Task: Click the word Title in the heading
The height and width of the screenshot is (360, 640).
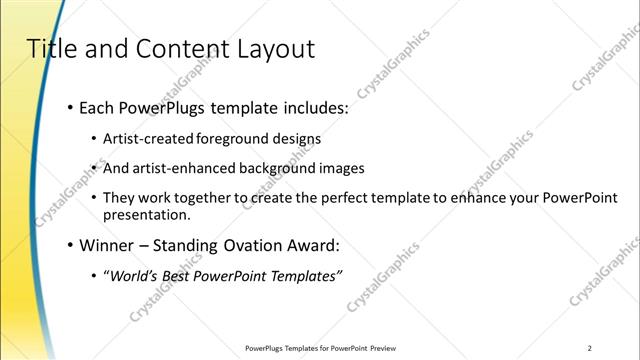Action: pos(47,48)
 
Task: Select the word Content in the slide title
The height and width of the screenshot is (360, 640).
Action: pos(176,48)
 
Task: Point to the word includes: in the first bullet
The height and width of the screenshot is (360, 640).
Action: pos(311,107)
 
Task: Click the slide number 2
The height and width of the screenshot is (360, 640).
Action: pos(590,348)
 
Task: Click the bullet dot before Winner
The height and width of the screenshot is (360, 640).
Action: pos(69,244)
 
